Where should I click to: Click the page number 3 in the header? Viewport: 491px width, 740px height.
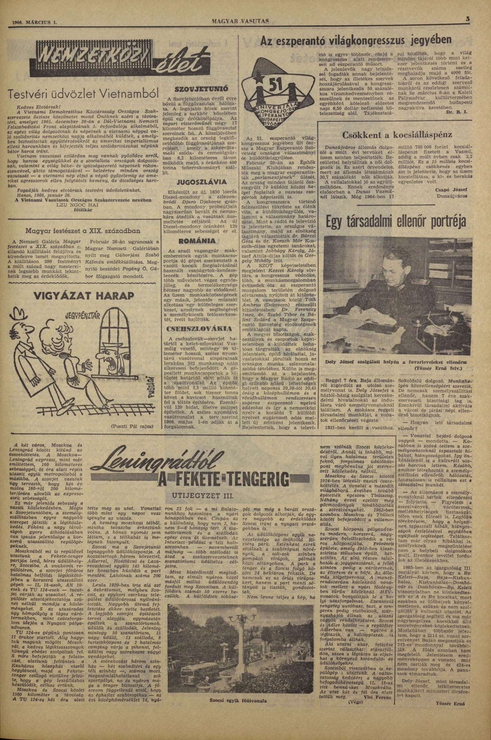(x=468, y=19)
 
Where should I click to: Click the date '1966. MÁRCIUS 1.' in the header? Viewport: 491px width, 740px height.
(x=35, y=23)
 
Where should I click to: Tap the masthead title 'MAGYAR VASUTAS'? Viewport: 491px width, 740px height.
(x=240, y=22)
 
